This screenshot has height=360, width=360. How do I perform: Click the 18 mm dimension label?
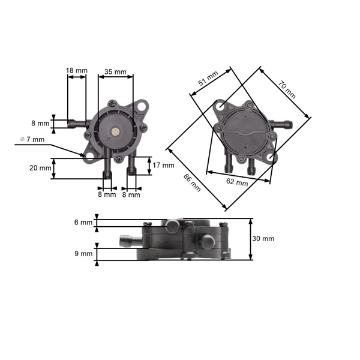pyautogui.click(x=77, y=71)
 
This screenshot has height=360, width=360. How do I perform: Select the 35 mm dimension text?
pyautogui.click(x=115, y=72)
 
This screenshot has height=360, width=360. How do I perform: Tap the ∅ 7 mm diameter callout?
pyautogui.click(x=32, y=139)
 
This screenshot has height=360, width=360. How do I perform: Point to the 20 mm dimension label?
pyautogui.click(x=41, y=168)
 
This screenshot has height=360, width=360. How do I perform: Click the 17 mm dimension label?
pyautogui.click(x=163, y=165)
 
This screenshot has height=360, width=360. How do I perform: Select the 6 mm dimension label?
pyautogui.click(x=83, y=222)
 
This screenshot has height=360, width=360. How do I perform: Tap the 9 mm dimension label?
pyautogui.click(x=83, y=253)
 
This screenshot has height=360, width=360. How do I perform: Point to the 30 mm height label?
pyautogui.click(x=263, y=238)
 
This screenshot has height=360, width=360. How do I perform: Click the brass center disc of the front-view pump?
pyautogui.click(x=115, y=130)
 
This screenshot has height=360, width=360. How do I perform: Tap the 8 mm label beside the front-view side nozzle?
pyautogui.click(x=41, y=124)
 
